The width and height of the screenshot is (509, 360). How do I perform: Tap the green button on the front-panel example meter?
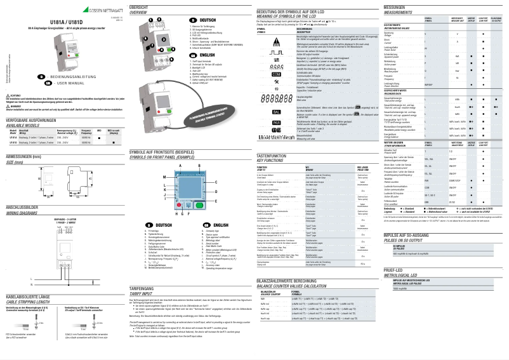tap(199, 204)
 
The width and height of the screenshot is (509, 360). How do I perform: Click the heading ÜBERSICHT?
tap(140, 6)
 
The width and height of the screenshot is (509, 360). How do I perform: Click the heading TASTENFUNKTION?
tap(274, 155)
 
